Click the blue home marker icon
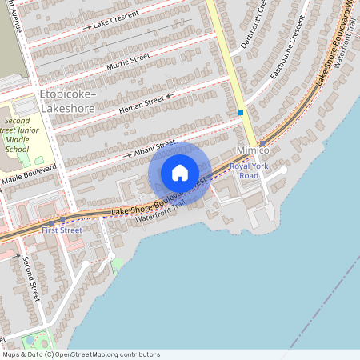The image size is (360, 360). [x=180, y=172]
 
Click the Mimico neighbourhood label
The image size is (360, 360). [x=253, y=150]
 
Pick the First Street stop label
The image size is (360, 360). [x=62, y=230]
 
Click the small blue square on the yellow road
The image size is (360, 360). [x=240, y=113]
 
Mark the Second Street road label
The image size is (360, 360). [x=30, y=278]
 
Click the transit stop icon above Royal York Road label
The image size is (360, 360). [x=262, y=143]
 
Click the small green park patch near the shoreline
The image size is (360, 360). [x=118, y=263]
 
